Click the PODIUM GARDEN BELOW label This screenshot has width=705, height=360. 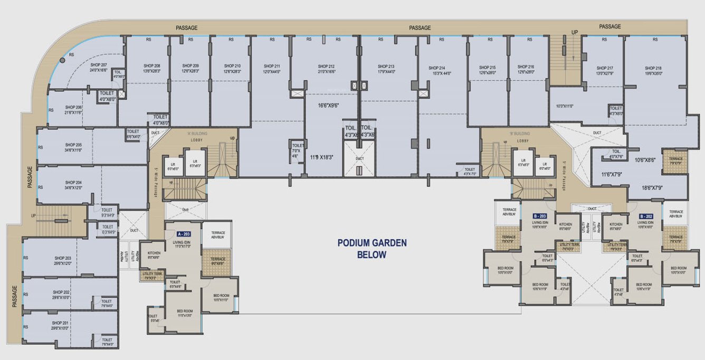tap(373, 249)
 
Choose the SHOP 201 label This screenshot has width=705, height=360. tap(60, 323)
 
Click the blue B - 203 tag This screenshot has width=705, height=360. tap(539, 216)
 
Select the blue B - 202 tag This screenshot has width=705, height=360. tap(646, 216)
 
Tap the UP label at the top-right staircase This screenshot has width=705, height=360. tap(575, 33)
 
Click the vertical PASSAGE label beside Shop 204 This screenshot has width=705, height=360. tap(30, 177)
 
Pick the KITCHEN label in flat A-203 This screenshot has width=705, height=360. tap(154, 253)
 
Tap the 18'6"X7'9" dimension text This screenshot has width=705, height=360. tap(653, 188)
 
